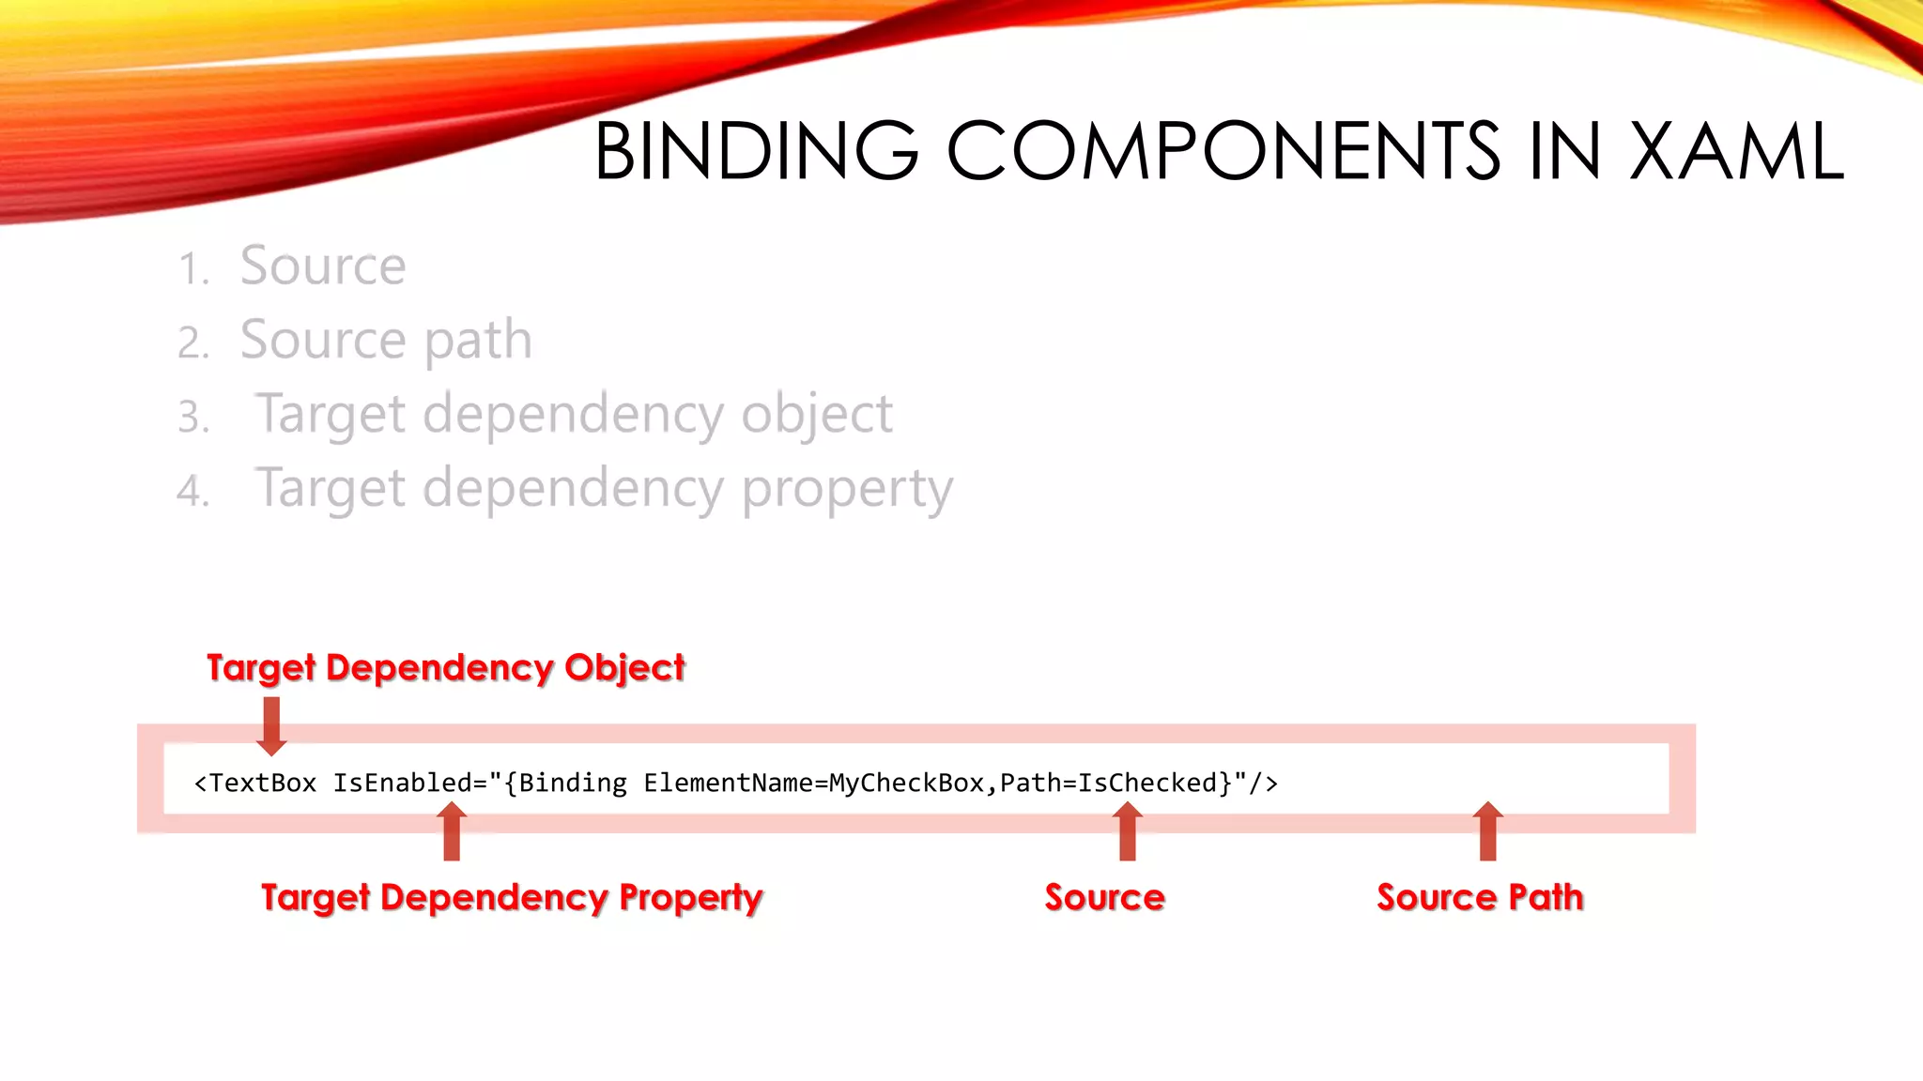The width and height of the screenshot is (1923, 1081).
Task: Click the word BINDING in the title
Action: [x=756, y=151]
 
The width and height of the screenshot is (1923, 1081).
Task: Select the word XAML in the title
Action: [x=1737, y=151]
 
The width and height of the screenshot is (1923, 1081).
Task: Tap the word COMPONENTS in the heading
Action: [x=1223, y=151]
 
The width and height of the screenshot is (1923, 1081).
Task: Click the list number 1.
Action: [x=192, y=269]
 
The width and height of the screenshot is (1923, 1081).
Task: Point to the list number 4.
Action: [x=192, y=492]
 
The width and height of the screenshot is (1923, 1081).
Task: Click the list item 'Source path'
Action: [x=386, y=340]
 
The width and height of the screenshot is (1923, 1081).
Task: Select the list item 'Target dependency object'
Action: [x=574, y=414]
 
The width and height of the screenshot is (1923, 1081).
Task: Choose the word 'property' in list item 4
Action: [x=847, y=489]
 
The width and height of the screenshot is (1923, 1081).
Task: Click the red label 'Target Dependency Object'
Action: [x=446, y=668]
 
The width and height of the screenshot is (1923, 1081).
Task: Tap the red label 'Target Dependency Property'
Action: [x=512, y=898]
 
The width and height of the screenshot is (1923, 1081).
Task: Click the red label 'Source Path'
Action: [x=1480, y=898]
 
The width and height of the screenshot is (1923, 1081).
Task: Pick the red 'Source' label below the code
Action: [x=1104, y=898]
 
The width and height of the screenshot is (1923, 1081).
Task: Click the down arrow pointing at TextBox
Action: [x=271, y=726]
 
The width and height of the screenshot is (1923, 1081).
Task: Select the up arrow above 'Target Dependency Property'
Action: [x=452, y=832]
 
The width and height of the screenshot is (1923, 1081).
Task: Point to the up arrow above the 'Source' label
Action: [x=1128, y=832]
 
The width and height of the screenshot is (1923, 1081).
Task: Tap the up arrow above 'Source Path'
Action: [x=1487, y=832]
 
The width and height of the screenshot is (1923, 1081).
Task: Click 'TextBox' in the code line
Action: [x=263, y=783]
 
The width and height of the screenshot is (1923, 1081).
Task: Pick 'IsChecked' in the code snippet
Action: [x=1147, y=783]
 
